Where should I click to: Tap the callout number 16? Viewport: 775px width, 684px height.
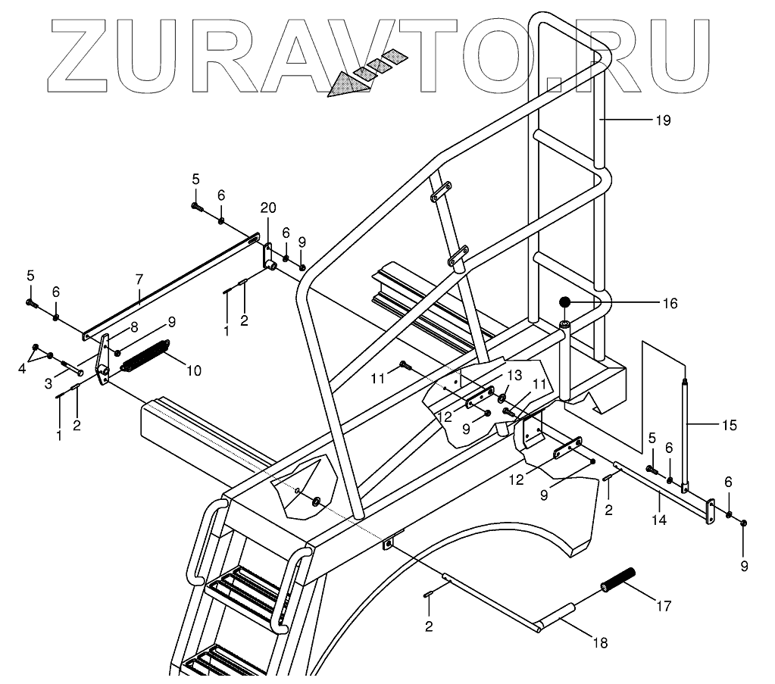[x=669, y=304]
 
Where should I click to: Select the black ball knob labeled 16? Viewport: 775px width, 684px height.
[x=565, y=304]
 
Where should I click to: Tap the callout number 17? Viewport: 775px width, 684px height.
[x=663, y=606]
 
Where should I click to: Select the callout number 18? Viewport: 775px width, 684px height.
[x=600, y=644]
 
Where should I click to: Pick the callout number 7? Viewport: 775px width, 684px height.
[x=139, y=280]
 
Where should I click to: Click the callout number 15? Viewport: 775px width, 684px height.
[x=729, y=425]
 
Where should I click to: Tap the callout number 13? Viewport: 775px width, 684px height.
[x=514, y=376]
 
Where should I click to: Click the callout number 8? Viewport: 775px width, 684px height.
[x=133, y=328]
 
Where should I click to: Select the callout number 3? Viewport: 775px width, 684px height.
[x=48, y=384]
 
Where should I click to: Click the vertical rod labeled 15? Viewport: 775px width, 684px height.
[x=686, y=436]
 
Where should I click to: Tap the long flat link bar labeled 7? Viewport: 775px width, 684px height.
[x=167, y=287]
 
